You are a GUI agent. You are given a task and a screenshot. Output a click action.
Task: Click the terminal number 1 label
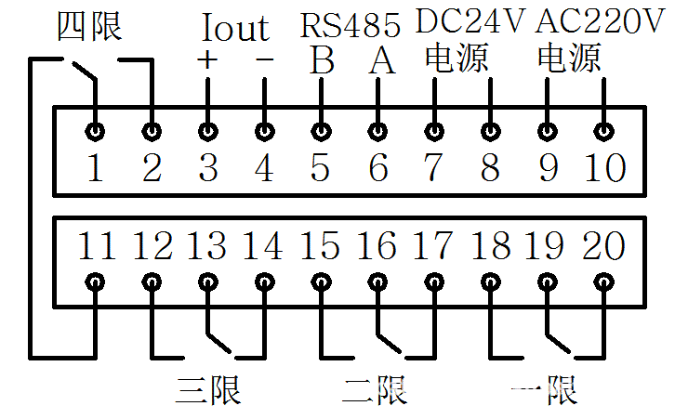tap(95, 169)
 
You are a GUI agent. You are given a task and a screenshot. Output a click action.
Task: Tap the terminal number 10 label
tap(604, 169)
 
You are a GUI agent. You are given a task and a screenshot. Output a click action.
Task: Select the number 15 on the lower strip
tap(321, 246)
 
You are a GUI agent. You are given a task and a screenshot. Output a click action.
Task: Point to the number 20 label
tap(604, 246)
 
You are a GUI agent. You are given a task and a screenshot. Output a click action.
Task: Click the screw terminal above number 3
tap(208, 131)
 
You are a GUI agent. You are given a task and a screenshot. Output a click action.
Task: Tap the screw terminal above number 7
tap(434, 131)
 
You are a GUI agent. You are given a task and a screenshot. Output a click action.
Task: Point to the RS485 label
tap(350, 23)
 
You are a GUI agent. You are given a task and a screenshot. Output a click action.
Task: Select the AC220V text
tap(604, 20)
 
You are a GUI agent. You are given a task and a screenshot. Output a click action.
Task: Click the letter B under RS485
tap(322, 61)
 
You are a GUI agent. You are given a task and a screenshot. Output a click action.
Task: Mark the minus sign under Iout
tap(265, 60)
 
